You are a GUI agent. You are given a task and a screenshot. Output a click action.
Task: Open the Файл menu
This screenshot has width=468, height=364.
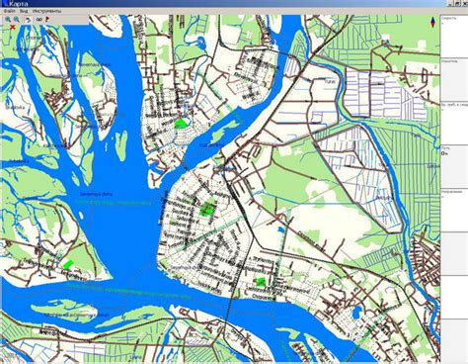coord(8,12)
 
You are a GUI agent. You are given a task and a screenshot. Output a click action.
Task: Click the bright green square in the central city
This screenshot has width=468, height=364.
coord(206,209)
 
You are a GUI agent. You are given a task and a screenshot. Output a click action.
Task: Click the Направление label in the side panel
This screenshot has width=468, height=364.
coord(450,190)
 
